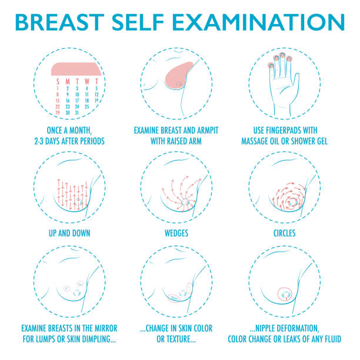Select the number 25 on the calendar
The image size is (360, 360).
coord(87,106)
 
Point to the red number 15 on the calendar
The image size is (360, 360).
coord(57,100)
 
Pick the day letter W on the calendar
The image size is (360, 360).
coord(86,81)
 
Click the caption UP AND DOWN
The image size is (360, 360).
coord(69,233)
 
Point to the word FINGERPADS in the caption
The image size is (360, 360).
coord(279,131)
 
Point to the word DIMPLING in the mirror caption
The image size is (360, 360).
coord(102,339)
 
